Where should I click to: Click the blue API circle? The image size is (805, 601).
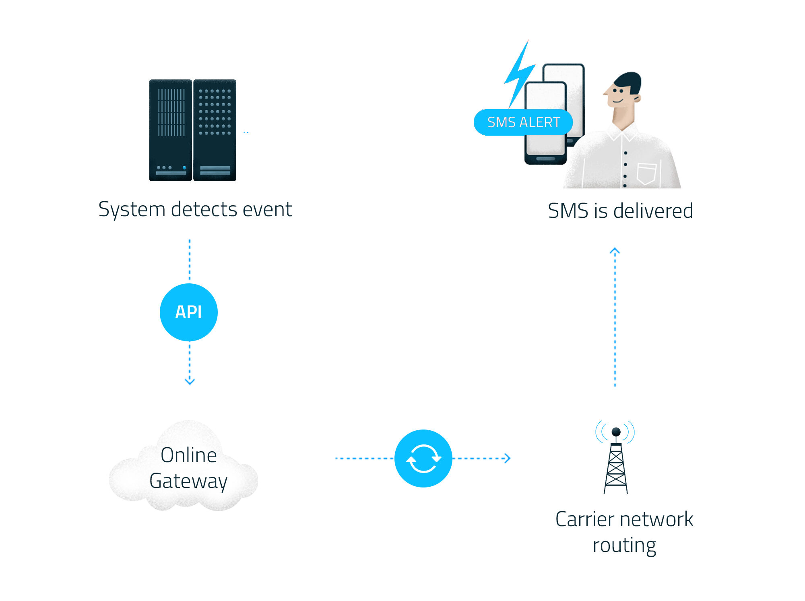189,312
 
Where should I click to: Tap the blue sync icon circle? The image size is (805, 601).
423,458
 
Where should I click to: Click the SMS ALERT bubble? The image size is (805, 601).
523,122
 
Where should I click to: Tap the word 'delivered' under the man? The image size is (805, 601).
653,211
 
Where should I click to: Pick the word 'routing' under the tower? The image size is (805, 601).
625,546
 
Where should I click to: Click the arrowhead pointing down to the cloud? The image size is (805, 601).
190,381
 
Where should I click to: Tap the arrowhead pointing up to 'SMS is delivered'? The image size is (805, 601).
615,251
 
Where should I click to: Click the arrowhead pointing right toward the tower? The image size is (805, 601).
507,458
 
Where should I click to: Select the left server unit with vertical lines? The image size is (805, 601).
171,130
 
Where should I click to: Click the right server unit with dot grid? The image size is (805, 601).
215,130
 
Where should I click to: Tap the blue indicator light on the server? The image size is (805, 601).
184,167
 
